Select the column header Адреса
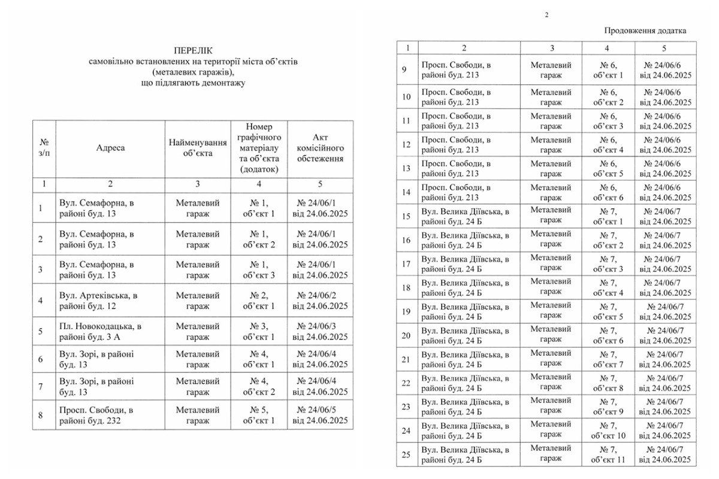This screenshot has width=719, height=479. pyautogui.click(x=110, y=148)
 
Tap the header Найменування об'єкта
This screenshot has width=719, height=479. pyautogui.click(x=198, y=148)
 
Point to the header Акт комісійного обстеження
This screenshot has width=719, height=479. pyautogui.click(x=320, y=148)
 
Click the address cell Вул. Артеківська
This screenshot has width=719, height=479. pyautogui.click(x=98, y=301)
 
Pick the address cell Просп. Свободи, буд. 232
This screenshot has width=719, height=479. pyautogui.click(x=96, y=416)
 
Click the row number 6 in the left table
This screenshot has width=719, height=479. pyautogui.click(x=40, y=359)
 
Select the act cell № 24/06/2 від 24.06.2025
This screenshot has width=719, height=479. pyautogui.click(x=320, y=301)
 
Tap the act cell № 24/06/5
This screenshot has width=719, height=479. pyautogui.click(x=320, y=416)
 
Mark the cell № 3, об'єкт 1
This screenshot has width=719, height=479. pyautogui.click(x=259, y=332)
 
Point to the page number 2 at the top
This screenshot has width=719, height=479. pyautogui.click(x=546, y=15)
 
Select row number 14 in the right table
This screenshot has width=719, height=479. pyautogui.click(x=406, y=192)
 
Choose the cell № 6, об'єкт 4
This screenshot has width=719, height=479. pyautogui.click(x=608, y=144)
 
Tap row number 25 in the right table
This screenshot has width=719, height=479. pyautogui.click(x=406, y=454)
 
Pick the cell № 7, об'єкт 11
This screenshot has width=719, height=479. pyautogui.click(x=608, y=454)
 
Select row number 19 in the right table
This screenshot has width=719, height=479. pyautogui.click(x=406, y=311)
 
